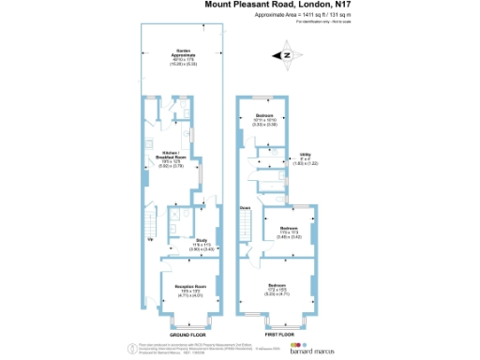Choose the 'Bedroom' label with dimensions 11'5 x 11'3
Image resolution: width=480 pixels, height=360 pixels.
point(289,228)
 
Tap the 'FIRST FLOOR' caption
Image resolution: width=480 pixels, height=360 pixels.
point(279,334)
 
